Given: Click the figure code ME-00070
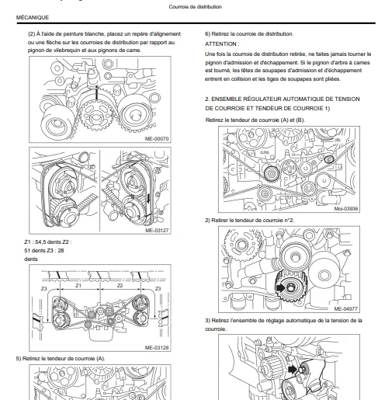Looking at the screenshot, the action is (x=157, y=139).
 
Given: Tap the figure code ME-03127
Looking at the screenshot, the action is (x=157, y=230).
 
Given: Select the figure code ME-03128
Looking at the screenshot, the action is (x=157, y=347).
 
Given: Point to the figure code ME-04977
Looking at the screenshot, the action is (x=345, y=308).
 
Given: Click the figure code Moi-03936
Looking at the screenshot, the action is (x=346, y=208).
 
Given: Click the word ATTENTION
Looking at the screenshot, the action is (x=220, y=44).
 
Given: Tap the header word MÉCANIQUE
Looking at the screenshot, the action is (x=33, y=17).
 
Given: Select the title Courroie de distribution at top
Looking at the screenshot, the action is (x=196, y=7).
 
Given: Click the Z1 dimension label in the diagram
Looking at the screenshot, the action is (x=78, y=286).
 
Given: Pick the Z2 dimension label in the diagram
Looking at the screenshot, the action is (x=120, y=286).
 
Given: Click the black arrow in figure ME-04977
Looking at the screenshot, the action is (x=280, y=287).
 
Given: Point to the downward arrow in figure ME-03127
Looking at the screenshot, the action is (x=148, y=198).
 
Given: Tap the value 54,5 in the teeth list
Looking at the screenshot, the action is (x=41, y=242).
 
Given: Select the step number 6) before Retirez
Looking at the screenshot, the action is (x=207, y=34).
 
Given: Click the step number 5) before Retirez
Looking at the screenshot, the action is (x=19, y=359).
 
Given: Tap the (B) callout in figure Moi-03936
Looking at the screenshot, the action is (x=338, y=140).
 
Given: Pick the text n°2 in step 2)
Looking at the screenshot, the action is (x=290, y=221).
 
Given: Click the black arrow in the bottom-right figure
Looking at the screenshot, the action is (x=293, y=369).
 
